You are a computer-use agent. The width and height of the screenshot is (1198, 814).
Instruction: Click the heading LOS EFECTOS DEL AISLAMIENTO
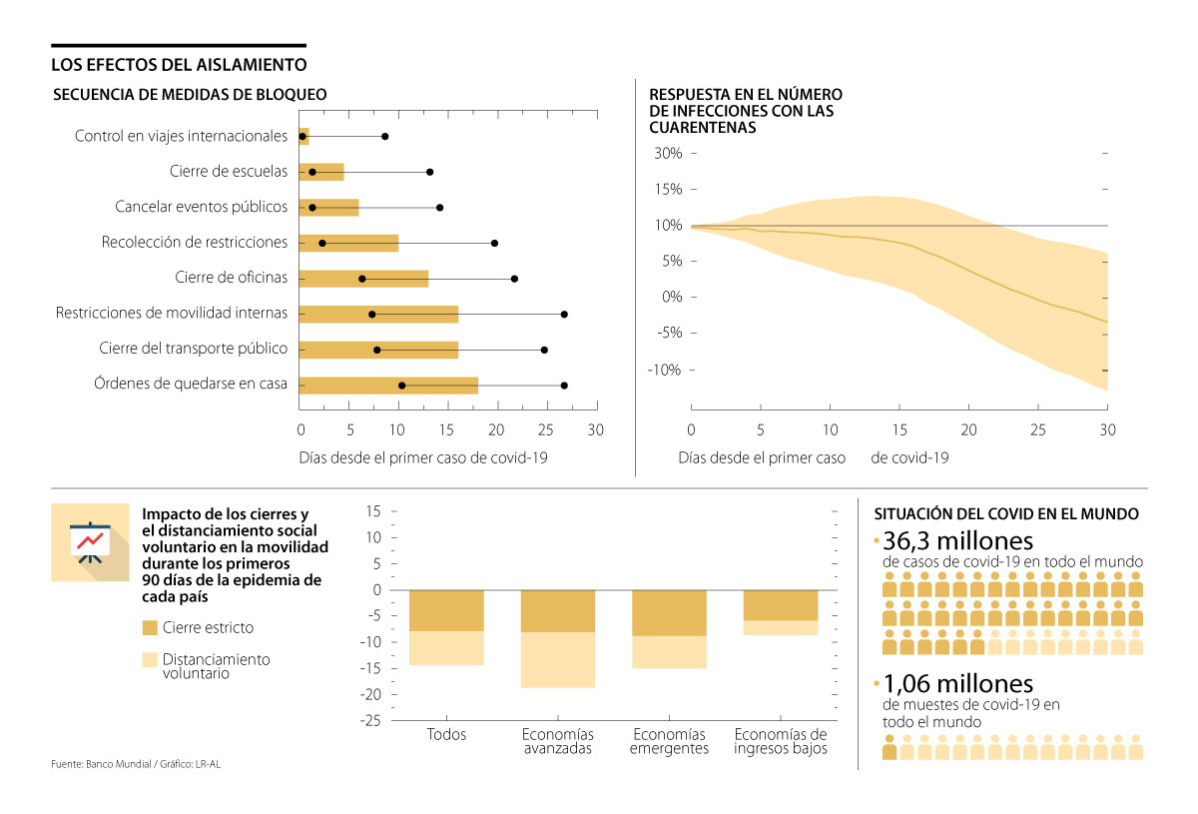point(179,65)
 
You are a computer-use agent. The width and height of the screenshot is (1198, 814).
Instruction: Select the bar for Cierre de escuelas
point(322,172)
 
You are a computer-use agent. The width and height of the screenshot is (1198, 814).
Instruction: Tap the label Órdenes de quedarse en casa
point(190,384)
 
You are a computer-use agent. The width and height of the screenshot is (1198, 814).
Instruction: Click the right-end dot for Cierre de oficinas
point(514,279)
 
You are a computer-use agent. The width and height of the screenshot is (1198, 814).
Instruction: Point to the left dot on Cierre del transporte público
point(376,350)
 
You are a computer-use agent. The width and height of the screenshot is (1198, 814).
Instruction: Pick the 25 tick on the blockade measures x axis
point(545,430)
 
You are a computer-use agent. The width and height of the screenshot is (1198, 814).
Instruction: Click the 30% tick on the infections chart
point(668,153)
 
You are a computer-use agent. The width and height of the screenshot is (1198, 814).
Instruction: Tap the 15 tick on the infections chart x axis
point(899,429)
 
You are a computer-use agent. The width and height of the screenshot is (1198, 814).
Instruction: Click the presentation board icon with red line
point(90,541)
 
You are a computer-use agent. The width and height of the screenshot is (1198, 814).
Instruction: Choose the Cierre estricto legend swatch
point(151,627)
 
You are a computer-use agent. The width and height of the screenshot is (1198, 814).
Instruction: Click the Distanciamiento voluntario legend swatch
point(151,660)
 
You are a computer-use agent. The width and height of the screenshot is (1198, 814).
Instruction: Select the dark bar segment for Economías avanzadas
point(558,611)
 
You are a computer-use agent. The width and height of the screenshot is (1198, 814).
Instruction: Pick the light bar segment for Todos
point(446,648)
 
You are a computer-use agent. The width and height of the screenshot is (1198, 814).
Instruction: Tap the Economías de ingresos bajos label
point(781,742)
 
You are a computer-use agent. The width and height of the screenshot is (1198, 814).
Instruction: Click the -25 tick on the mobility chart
point(371,721)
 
